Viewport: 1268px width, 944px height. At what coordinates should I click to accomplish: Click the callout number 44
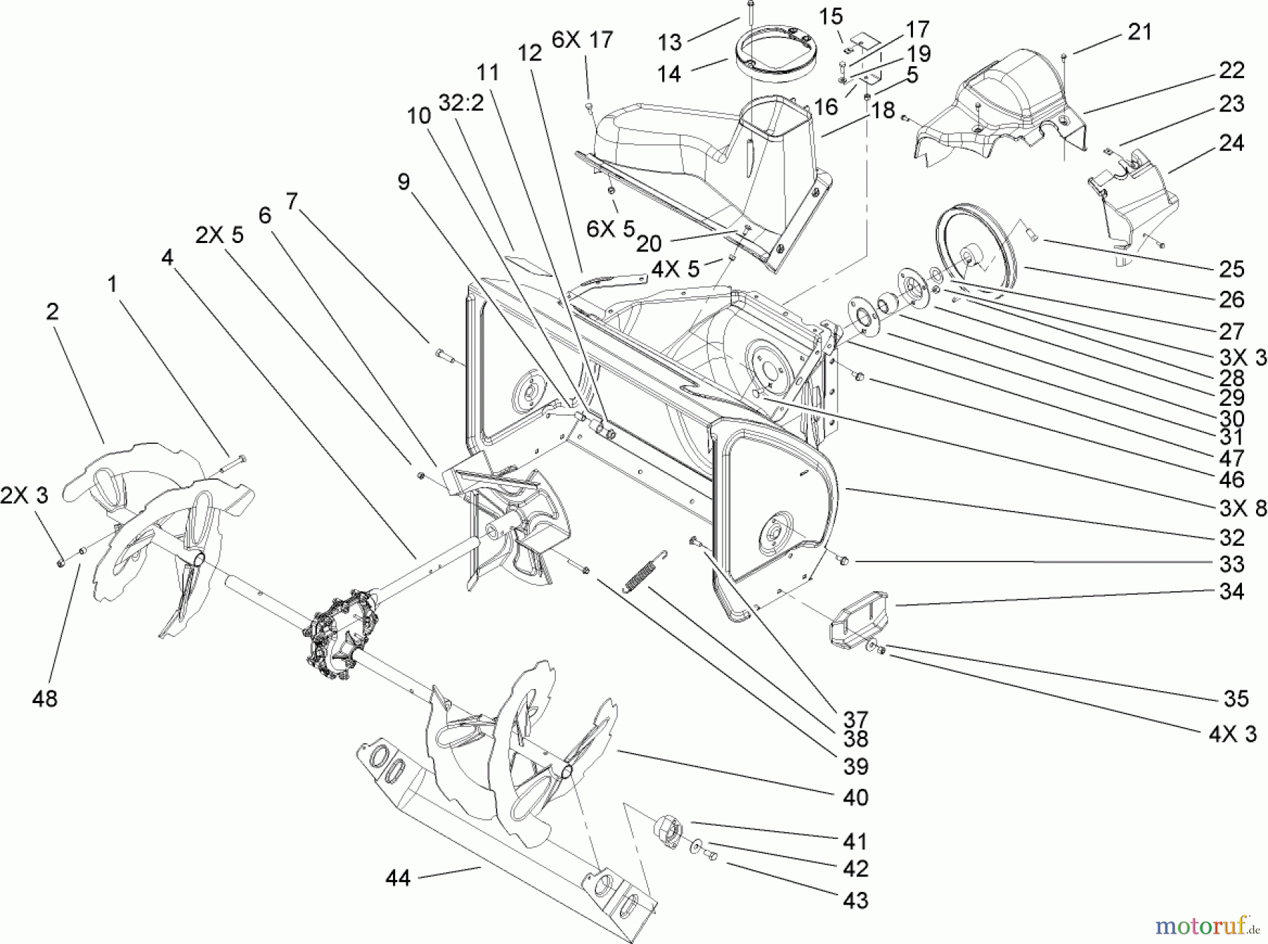click(398, 878)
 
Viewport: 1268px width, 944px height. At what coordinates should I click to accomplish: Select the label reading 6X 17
click(582, 41)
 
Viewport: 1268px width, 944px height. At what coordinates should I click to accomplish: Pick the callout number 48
click(44, 699)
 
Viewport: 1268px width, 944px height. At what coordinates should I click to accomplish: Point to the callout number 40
click(855, 797)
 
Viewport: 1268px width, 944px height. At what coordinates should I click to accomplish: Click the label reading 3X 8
click(1242, 509)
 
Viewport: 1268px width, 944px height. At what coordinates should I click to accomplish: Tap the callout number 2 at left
click(53, 311)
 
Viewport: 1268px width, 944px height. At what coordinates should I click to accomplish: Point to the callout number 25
click(1231, 269)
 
